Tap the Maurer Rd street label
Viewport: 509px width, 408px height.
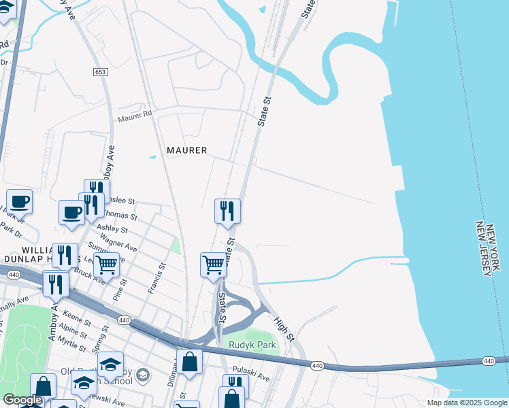(x=135, y=118)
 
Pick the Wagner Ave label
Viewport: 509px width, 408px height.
(x=121, y=243)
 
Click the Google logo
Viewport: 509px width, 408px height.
(x=23, y=401)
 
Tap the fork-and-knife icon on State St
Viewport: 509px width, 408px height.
(x=227, y=211)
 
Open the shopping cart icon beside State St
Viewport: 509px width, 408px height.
(x=213, y=264)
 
